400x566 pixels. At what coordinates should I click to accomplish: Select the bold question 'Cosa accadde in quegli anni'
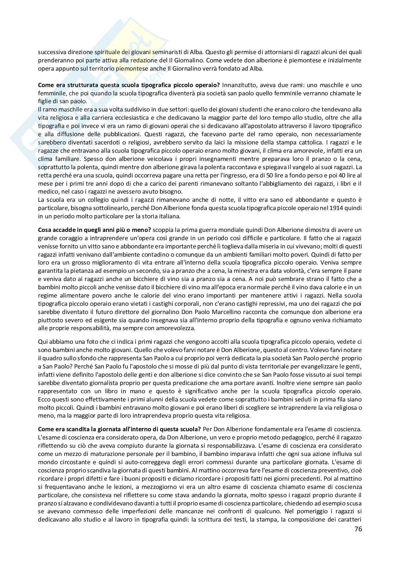[95, 229]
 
